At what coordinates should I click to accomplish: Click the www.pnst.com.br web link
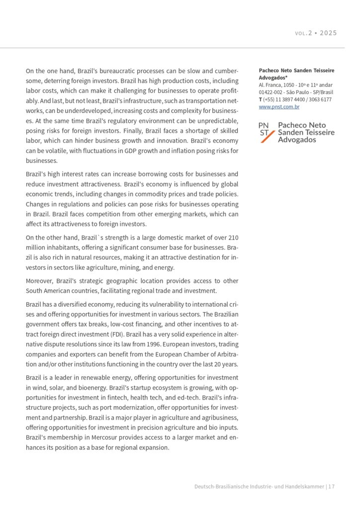click(x=279, y=106)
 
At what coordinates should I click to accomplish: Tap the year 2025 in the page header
click(x=328, y=33)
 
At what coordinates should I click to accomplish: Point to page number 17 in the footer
click(x=331, y=487)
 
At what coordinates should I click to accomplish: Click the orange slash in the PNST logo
click(x=268, y=135)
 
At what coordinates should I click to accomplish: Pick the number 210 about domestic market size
click(x=233, y=238)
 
